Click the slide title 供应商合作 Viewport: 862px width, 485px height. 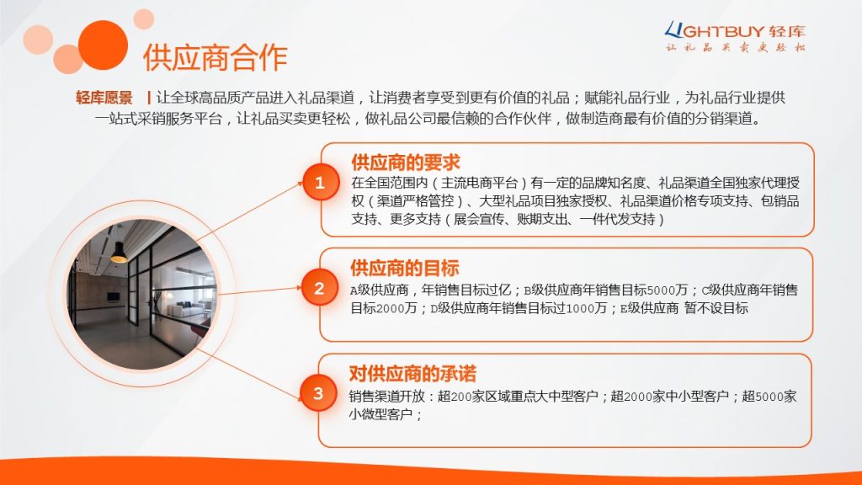(x=215, y=58)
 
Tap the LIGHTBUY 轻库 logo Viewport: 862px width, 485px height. (x=735, y=36)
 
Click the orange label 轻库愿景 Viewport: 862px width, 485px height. (x=104, y=98)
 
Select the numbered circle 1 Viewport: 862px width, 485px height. (x=320, y=182)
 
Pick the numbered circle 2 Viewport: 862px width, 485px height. (x=319, y=288)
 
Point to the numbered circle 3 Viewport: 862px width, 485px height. (x=318, y=393)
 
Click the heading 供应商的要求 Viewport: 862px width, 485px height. (x=406, y=163)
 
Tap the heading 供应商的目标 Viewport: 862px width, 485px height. (x=405, y=268)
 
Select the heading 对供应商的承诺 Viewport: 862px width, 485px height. (x=412, y=373)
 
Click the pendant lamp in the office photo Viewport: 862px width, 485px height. (x=119, y=253)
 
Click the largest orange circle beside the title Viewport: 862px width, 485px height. (x=103, y=45)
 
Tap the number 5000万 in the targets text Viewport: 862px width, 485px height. (x=668, y=290)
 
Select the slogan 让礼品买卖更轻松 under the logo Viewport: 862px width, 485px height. (x=736, y=47)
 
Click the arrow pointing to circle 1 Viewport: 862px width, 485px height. (x=249, y=211)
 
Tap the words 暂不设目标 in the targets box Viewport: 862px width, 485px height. (x=716, y=308)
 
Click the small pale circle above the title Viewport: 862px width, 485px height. (x=143, y=19)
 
